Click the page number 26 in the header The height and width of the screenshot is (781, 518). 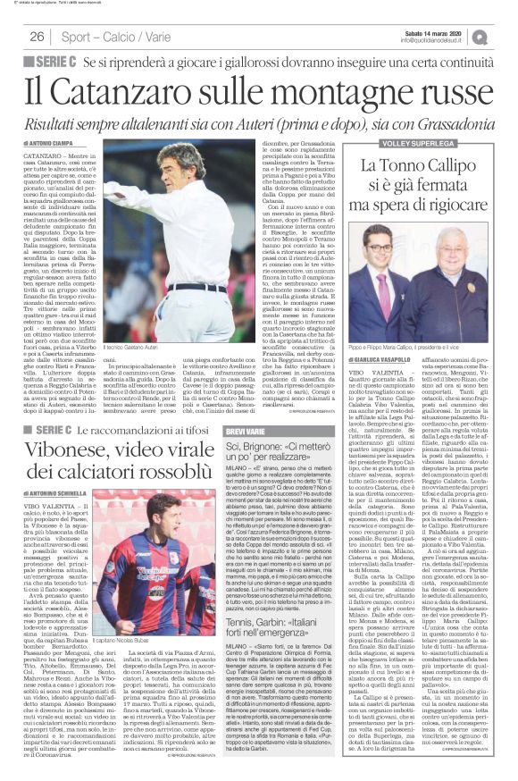pos(38,37)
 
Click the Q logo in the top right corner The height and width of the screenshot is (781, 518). pos(505,36)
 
